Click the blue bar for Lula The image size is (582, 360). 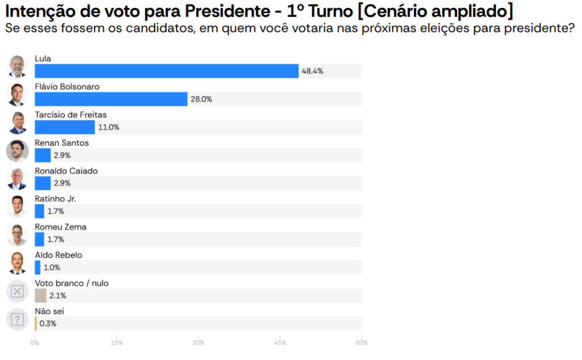coord(167,71)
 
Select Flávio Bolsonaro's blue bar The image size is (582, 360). coord(111,99)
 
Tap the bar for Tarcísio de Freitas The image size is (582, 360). coord(65,127)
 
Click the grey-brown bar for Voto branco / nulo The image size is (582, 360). coord(40,296)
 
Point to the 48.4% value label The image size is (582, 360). coord(313,71)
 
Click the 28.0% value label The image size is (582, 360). coord(201,99)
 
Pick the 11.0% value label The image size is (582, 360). coord(109,127)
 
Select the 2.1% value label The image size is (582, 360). coord(58,296)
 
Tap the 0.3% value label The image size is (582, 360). coord(48,324)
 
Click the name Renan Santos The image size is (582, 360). coord(62,143)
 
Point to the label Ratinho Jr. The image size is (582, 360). coord(55,199)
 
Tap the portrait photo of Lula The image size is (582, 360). coord(17,67)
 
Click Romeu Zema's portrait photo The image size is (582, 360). coord(17,234)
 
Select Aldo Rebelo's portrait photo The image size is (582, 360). coord(17,263)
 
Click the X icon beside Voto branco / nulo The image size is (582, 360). coord(17,291)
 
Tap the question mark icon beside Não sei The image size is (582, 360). coord(17,319)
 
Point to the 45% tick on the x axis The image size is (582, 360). coord(280,343)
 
